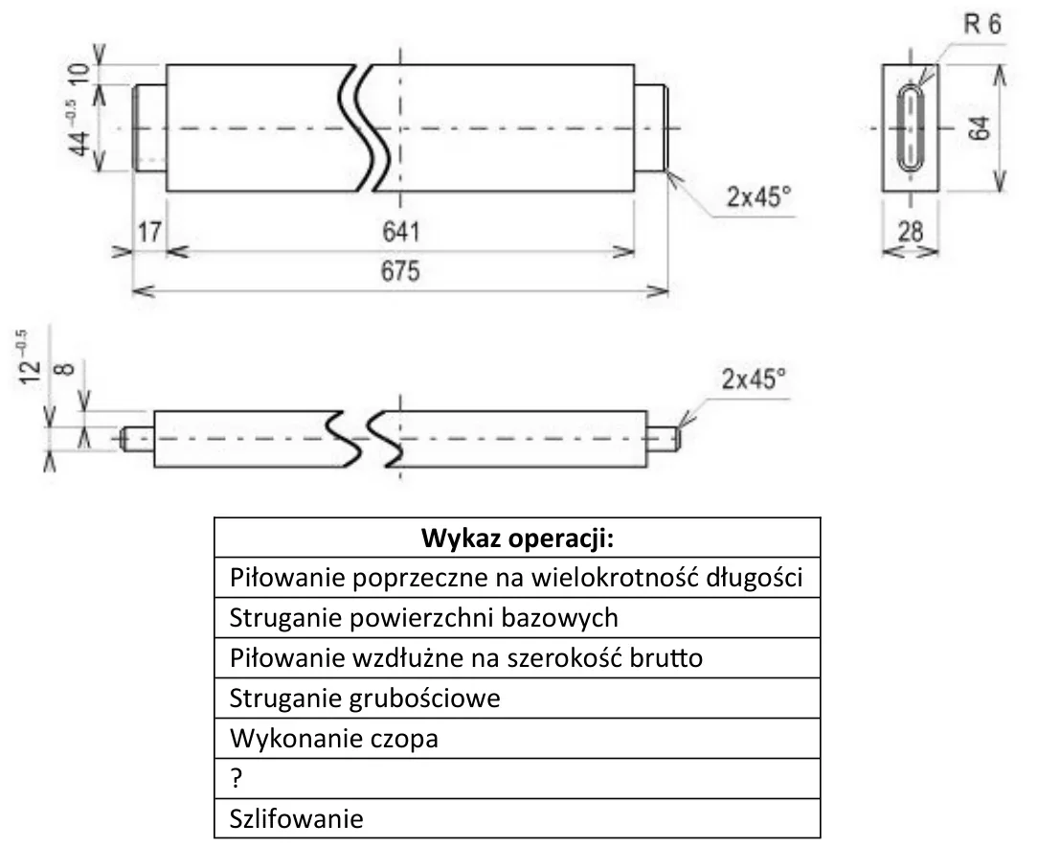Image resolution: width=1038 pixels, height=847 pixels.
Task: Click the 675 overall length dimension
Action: (x=400, y=271)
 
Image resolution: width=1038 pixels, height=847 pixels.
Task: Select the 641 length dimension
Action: (x=401, y=232)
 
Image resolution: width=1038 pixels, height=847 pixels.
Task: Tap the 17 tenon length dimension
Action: (x=149, y=232)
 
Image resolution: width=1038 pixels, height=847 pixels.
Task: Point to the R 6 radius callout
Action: (x=982, y=25)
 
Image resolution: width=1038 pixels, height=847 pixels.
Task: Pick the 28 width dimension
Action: (x=911, y=232)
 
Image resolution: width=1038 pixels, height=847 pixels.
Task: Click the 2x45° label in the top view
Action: (x=758, y=196)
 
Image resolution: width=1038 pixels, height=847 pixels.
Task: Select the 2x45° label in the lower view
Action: (x=754, y=378)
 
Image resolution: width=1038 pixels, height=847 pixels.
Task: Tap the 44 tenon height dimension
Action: (x=79, y=129)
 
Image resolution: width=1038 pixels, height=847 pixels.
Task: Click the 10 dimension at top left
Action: (x=79, y=73)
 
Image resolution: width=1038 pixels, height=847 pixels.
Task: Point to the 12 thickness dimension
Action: (x=29, y=357)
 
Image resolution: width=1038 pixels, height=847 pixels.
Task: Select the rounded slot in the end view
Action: (x=911, y=127)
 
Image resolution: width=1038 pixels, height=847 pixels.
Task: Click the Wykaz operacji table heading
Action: (x=518, y=538)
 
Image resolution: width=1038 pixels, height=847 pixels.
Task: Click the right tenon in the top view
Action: (x=651, y=127)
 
